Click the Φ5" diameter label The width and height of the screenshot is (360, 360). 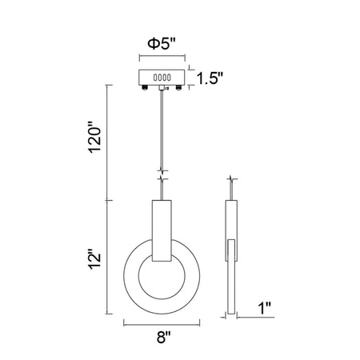tap(162, 43)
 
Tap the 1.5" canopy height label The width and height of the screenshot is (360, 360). tap(210, 78)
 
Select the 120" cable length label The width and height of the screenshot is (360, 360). tap(95, 138)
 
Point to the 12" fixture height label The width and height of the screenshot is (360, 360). tap(95, 259)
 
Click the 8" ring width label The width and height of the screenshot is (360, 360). tap(163, 337)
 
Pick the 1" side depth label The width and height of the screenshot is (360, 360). tap(265, 308)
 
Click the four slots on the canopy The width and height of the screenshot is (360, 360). tap(162, 78)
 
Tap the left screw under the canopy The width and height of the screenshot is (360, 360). tap(145, 87)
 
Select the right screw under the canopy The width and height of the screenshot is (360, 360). tap(178, 87)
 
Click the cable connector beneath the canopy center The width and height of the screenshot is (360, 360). tap(162, 88)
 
